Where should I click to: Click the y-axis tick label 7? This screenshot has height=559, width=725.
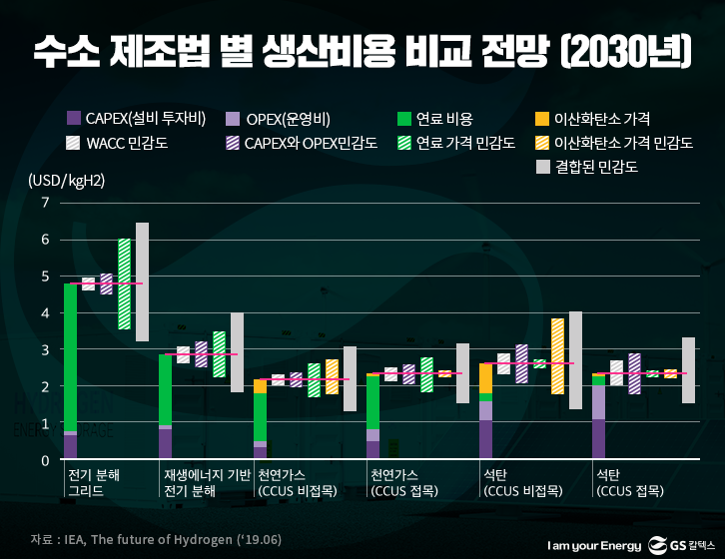click(45, 203)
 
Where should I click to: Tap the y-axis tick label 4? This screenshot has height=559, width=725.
click(45, 313)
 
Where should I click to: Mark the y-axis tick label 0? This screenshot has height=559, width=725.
click(45, 460)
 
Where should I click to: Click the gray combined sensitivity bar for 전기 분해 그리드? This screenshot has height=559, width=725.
click(142, 281)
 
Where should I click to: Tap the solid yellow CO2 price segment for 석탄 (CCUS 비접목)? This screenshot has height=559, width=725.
click(485, 377)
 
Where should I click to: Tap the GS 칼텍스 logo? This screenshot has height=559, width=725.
click(683, 544)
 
